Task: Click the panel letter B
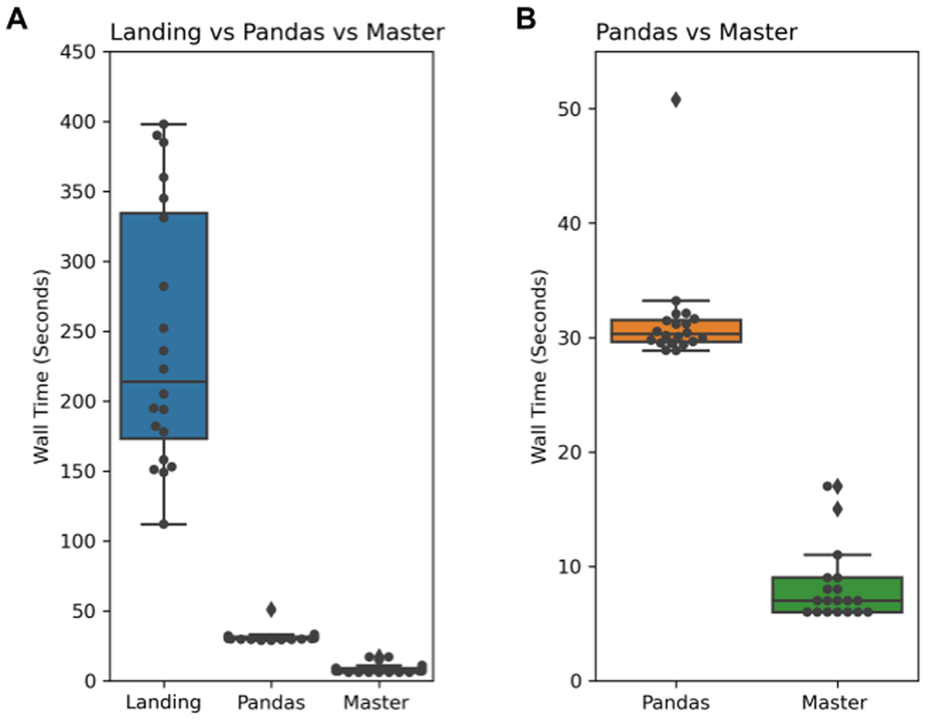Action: [526, 18]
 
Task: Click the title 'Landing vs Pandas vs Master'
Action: [277, 33]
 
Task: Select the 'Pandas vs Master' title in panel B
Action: [696, 33]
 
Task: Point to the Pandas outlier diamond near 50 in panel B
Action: [675, 99]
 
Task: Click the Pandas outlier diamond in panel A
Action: [270, 610]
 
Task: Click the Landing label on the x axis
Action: [164, 703]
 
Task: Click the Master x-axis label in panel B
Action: [836, 703]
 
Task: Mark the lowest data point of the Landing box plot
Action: [164, 524]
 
